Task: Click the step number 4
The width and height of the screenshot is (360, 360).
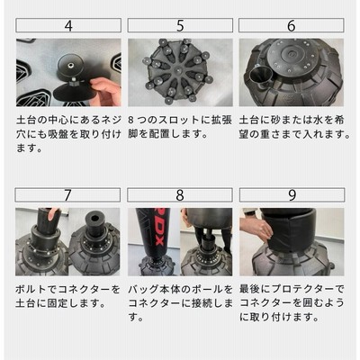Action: coord(68,26)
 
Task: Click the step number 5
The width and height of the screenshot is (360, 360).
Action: coord(180,26)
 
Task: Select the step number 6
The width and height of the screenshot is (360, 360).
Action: coord(292,26)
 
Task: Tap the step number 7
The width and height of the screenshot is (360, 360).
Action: coord(67,195)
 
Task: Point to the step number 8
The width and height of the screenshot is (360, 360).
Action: coord(180,195)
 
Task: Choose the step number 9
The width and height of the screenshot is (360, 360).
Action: coord(292,195)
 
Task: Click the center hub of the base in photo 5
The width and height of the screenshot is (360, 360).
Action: coord(178,71)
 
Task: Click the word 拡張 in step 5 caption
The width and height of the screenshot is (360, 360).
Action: coord(224,121)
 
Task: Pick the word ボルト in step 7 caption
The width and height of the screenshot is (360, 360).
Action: coord(31,290)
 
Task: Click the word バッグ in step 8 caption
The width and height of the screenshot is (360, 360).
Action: coord(143,290)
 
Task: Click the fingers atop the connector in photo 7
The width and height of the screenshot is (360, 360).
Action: coord(53,213)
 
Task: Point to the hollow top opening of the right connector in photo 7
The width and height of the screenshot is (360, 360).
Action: coord(95,218)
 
